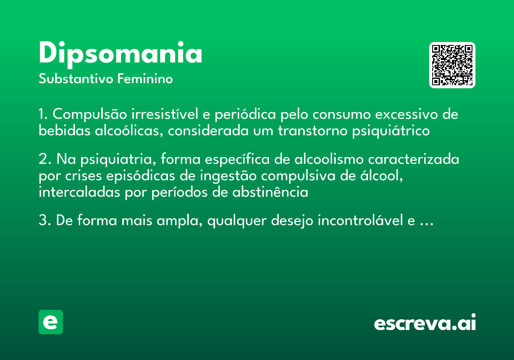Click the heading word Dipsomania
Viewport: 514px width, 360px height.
point(120,54)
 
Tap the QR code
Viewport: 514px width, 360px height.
point(452,65)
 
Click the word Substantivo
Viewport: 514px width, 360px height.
point(76,79)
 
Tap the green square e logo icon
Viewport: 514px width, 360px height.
point(51,322)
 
